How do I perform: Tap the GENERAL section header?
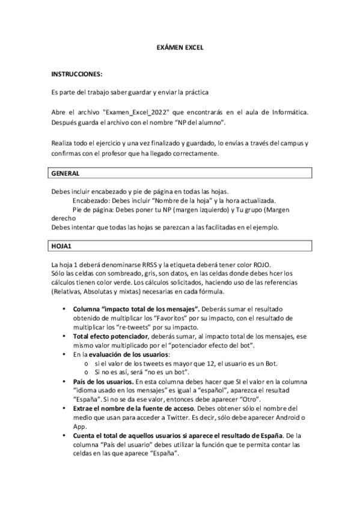pyautogui.click(x=65, y=173)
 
